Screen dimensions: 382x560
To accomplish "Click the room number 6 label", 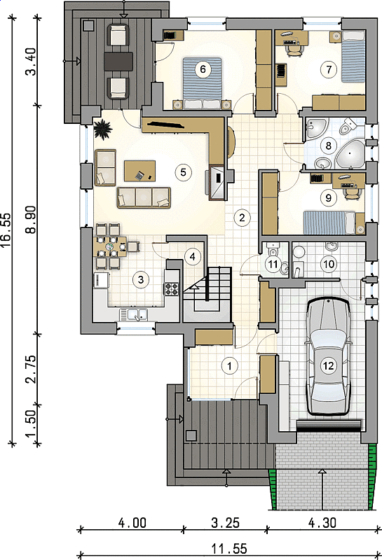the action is tap(203, 69).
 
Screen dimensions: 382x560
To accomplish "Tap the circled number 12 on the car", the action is tap(328, 365).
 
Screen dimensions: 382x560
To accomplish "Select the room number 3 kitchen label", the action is tap(141, 279).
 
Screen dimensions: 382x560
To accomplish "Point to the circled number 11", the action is tap(273, 265).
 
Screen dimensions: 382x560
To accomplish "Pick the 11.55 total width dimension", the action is tap(229, 549).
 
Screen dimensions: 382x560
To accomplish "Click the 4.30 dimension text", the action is tap(322, 523).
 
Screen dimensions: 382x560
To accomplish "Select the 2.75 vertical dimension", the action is tap(32, 369).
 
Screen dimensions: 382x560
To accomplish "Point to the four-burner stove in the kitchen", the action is tap(171, 288).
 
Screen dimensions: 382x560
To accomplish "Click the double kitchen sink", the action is tap(134, 314).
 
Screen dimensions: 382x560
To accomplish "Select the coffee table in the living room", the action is tap(140, 171).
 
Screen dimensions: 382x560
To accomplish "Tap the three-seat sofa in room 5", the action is tap(144, 197).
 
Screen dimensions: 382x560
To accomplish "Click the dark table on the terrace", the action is tap(118, 61).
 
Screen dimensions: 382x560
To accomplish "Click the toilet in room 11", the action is tap(273, 249).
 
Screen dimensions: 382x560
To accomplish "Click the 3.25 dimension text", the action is tap(225, 523).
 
